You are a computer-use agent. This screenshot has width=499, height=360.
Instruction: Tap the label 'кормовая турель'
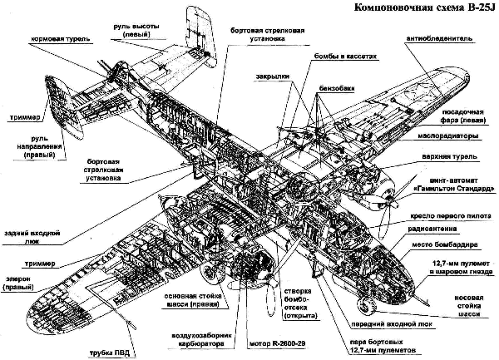(62, 39)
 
